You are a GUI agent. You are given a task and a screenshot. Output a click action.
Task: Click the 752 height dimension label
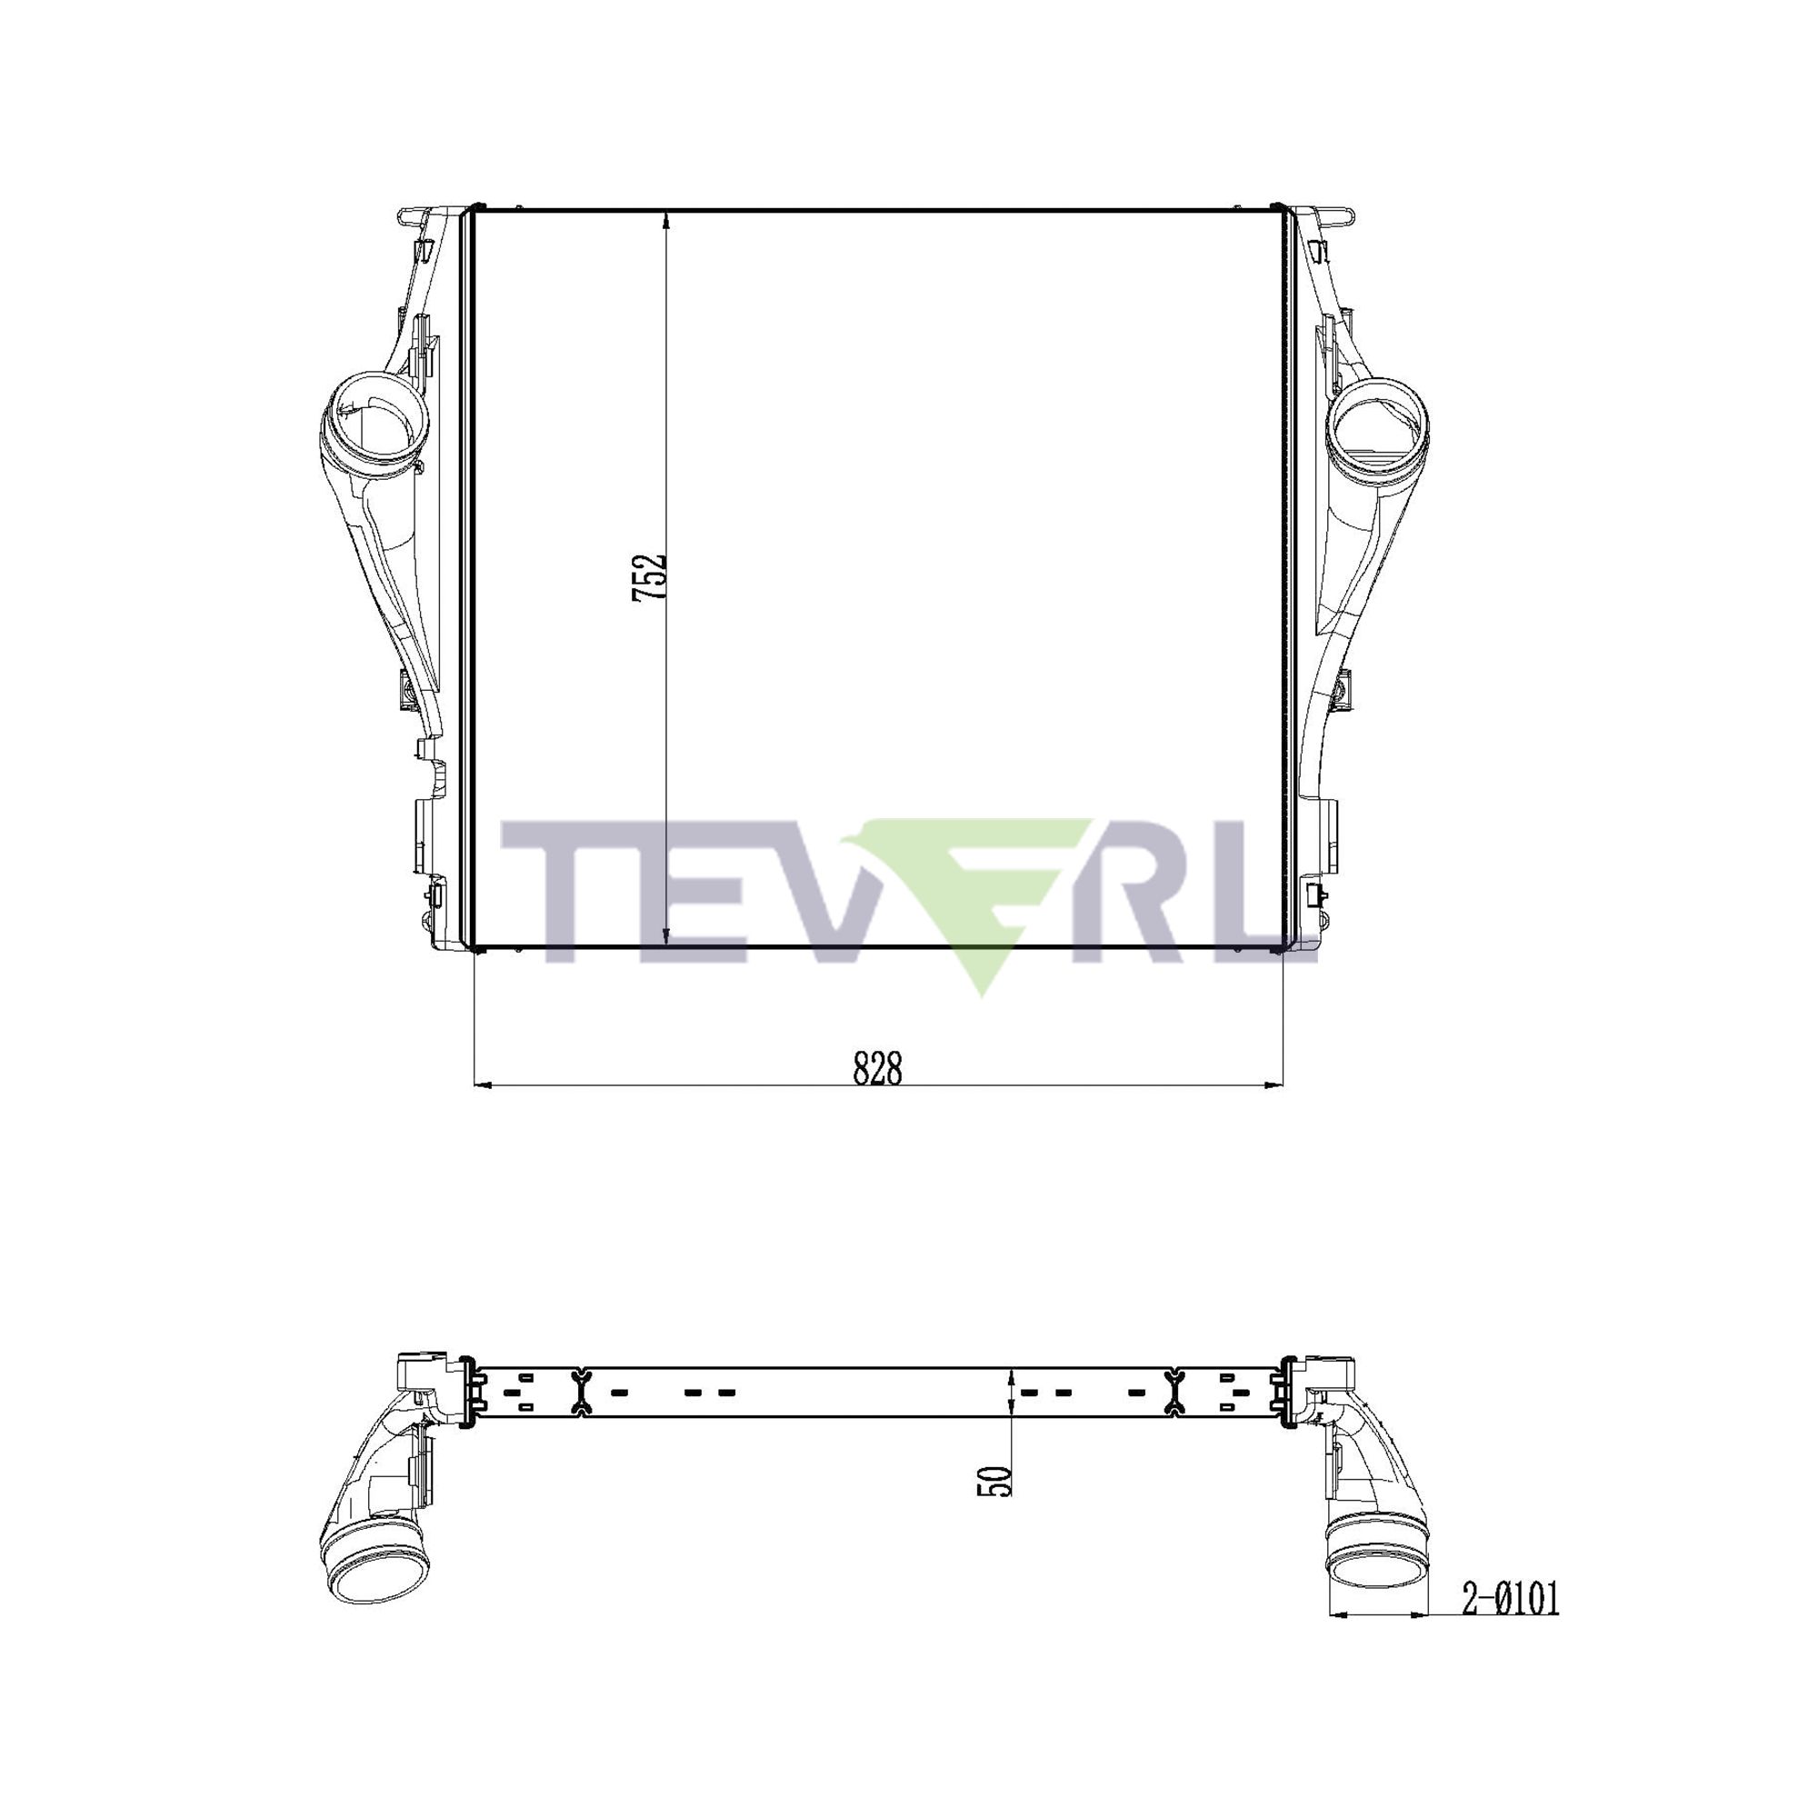(x=649, y=577)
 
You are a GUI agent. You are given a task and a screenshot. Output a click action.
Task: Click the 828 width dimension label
(x=877, y=1069)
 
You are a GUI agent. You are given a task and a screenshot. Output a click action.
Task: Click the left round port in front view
(x=375, y=425)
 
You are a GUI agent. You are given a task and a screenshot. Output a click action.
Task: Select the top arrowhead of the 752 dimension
(x=666, y=222)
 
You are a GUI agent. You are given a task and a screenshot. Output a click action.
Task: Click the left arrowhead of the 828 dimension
(x=484, y=1086)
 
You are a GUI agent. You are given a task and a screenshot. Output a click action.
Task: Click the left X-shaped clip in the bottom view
(x=581, y=1392)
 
